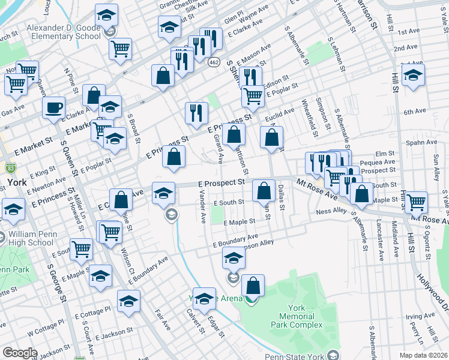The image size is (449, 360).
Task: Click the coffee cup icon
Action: tap(53, 107)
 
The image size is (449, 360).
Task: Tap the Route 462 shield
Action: tap(214, 62)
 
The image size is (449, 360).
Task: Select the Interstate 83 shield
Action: tap(10, 165)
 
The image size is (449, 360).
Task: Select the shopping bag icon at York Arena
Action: tap(253, 287)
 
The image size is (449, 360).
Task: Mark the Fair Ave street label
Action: tap(163, 319)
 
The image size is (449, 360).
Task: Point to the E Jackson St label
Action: tap(114, 332)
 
